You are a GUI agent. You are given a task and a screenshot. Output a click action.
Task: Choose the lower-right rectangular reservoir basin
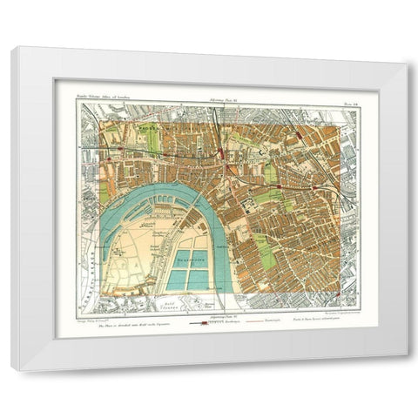pyautogui.click(x=199, y=280)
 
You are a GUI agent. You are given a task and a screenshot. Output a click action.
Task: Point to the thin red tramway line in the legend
pyautogui.click(x=253, y=321)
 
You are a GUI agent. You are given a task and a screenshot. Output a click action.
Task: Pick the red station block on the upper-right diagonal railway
pyautogui.click(x=300, y=137)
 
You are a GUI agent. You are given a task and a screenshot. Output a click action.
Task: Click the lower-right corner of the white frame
pyautogui.click(x=408, y=369)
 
